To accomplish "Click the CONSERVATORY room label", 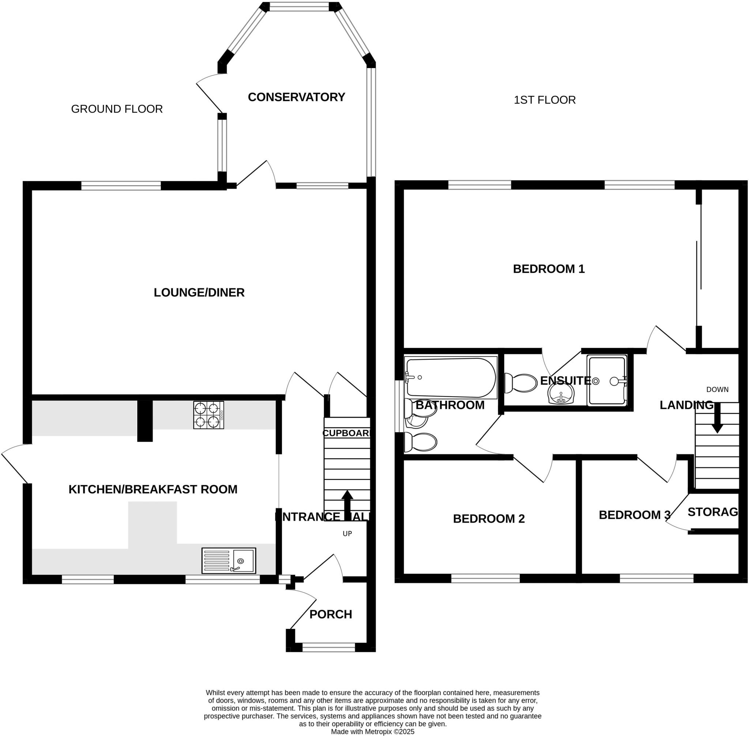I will [296, 97].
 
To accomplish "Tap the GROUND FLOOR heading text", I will [117, 109].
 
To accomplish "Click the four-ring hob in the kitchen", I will [208, 415].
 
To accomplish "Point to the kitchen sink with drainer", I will [228, 560].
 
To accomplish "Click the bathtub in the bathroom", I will [451, 378].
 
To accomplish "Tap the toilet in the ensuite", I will [521, 383].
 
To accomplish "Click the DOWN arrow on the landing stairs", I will [717, 418].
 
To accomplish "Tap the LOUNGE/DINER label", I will [199, 293].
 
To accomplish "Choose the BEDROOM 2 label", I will [488, 519].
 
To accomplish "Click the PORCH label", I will [330, 614].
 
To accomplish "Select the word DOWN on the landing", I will [717, 390].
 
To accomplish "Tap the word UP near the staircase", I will [347, 534].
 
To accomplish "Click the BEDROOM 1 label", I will [548, 269].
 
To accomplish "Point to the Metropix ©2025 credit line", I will [372, 732].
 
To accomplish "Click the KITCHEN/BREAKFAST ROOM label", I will [153, 489].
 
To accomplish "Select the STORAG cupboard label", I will [712, 512].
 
